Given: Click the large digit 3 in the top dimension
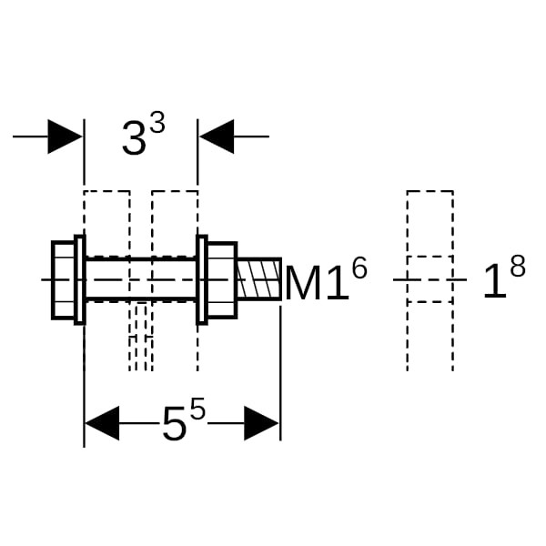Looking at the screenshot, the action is (134, 139).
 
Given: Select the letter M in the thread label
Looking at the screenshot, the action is (303, 283).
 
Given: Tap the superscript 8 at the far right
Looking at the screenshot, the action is (518, 267).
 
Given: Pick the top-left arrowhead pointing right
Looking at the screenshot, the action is (66, 136).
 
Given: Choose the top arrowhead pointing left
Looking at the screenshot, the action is (217, 136).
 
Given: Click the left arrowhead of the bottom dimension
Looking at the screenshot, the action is (102, 423).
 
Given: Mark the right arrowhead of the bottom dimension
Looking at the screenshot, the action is (261, 423).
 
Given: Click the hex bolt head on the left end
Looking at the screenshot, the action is (63, 280).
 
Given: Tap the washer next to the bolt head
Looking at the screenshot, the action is (80, 280).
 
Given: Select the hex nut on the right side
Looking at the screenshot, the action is (223, 280).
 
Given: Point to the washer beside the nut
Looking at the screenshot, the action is (202, 280).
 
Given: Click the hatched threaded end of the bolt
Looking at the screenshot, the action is (259, 279).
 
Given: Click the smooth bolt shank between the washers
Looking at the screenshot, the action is (141, 279).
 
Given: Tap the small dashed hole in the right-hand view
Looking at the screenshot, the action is (430, 279).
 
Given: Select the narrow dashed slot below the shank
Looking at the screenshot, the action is (141, 337).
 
